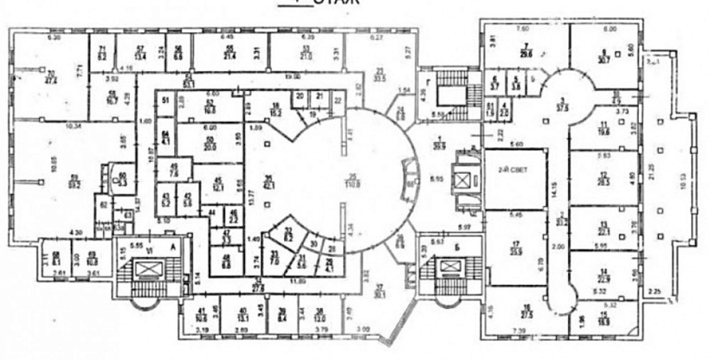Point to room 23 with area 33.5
(378, 75)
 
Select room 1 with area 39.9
(439, 143)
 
